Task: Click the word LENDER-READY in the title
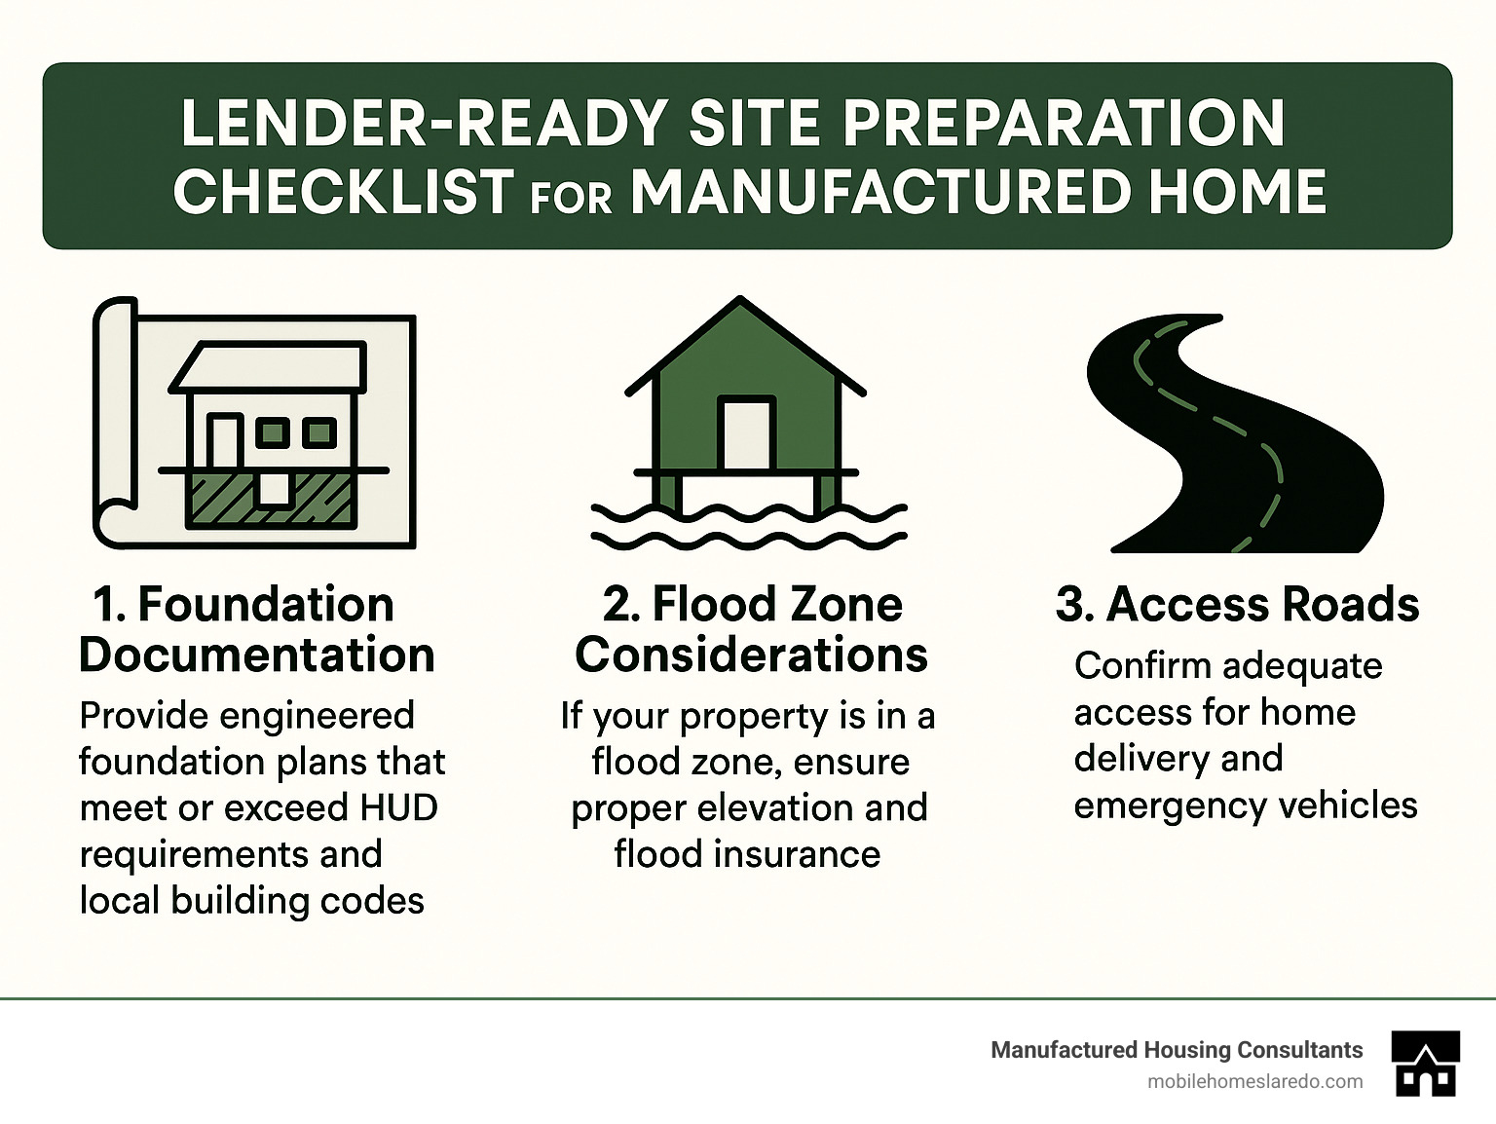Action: coord(424,124)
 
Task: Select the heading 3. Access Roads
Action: coord(1237,604)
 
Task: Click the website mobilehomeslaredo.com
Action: coord(1255,1081)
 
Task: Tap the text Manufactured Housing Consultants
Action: coord(1177,1050)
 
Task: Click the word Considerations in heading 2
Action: coord(751,655)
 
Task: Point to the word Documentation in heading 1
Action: coord(256,655)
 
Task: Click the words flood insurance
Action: coord(747,854)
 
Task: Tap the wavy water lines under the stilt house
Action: coord(748,526)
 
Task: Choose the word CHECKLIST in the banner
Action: coord(343,191)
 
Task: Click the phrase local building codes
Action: coord(251,900)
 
